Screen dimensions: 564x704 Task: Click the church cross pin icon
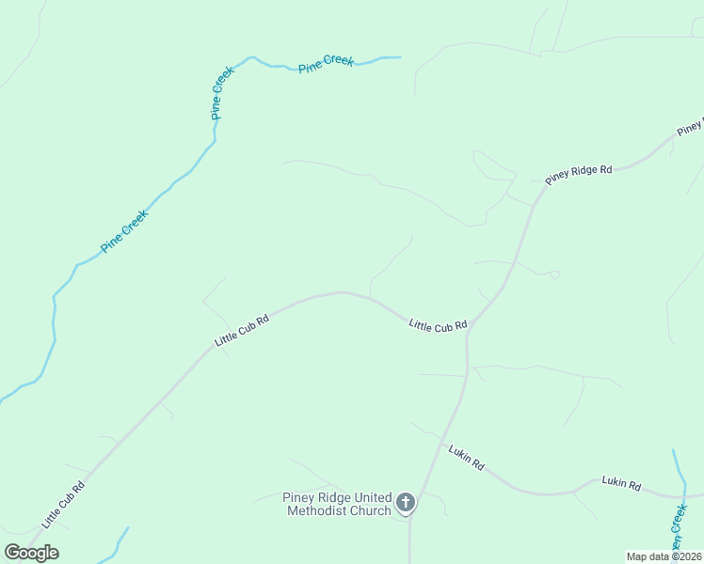coord(406,503)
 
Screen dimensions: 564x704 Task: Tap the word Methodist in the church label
coord(322,511)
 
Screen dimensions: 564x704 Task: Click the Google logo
coord(31,553)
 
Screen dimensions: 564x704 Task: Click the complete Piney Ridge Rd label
coord(579,175)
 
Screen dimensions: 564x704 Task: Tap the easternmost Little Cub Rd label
coord(438,326)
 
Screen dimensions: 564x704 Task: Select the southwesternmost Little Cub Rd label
coord(63,504)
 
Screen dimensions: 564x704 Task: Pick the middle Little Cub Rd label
coord(242,330)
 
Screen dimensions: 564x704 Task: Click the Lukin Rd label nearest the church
coord(466,457)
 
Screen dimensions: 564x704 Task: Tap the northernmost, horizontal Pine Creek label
coord(327,63)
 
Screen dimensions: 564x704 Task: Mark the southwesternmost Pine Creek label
coord(125,230)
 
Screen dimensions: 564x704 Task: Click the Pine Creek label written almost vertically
coord(216,93)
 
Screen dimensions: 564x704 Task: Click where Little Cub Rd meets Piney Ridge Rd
coord(468,329)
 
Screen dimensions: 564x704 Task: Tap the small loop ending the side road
coord(554,275)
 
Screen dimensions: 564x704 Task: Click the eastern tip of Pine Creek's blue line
coord(399,57)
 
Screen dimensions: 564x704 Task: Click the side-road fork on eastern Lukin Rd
coord(573,493)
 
